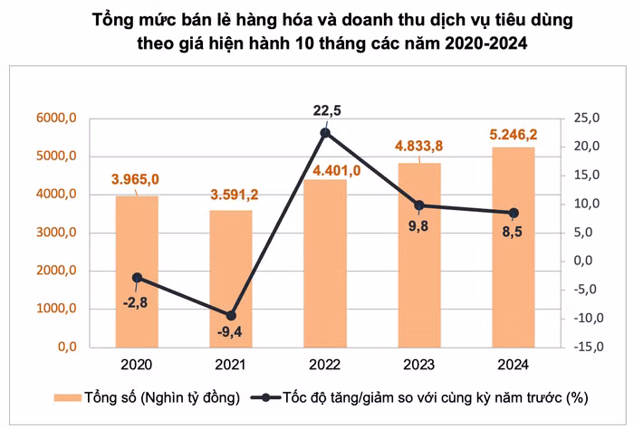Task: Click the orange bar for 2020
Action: [x=137, y=272]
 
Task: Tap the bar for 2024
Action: [x=514, y=247]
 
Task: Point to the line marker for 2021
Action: [x=231, y=315]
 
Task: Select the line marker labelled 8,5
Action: [x=514, y=213]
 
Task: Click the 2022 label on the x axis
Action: [x=325, y=365]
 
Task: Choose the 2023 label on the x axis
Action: [x=418, y=365]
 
